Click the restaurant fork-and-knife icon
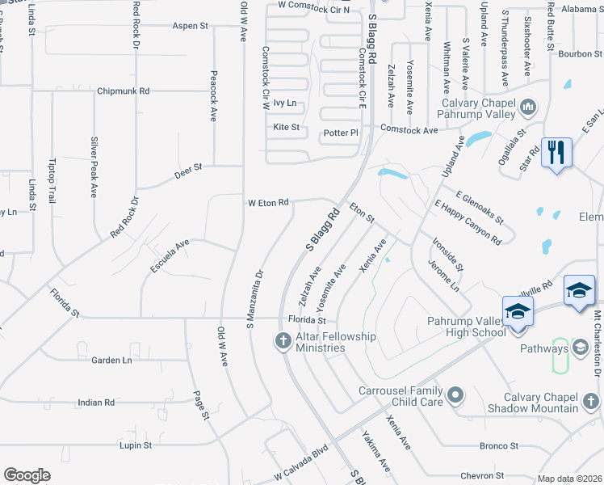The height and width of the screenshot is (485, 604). (x=556, y=152)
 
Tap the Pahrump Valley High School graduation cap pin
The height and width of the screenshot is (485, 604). (x=518, y=311)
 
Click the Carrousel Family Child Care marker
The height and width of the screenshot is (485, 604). (x=455, y=395)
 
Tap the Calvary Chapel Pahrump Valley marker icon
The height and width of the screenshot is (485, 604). (x=528, y=107)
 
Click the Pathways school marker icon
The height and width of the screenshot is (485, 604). (x=580, y=348)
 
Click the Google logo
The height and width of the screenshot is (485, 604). (x=27, y=475)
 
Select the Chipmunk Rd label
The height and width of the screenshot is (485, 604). (x=123, y=91)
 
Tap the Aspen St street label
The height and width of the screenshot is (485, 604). (x=191, y=26)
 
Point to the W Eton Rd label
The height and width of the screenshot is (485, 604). (x=268, y=202)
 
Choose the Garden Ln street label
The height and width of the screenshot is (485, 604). (x=111, y=360)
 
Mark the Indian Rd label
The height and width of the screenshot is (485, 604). (x=96, y=402)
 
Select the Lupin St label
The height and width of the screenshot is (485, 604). (x=136, y=445)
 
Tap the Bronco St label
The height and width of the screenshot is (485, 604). (x=498, y=445)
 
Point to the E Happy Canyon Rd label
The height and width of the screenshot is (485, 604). (x=468, y=222)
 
